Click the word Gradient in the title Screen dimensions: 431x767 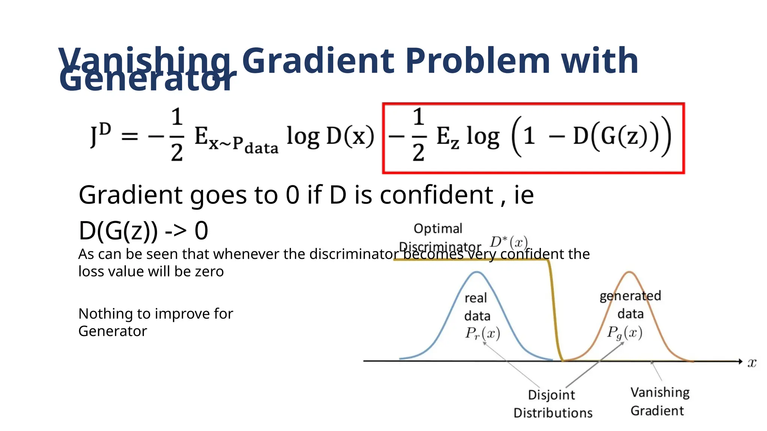(x=318, y=61)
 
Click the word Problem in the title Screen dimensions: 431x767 (x=478, y=61)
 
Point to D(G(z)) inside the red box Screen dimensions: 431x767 (x=614, y=136)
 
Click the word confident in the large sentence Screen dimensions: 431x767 (x=437, y=195)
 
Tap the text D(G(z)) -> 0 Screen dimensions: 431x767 (x=143, y=231)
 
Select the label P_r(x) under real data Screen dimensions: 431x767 (x=482, y=333)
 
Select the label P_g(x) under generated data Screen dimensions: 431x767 (x=625, y=332)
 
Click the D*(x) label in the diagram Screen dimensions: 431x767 (x=509, y=242)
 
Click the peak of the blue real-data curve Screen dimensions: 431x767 (x=476, y=272)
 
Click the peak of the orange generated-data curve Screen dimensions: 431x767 (x=630, y=272)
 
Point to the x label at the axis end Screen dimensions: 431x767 (x=752, y=363)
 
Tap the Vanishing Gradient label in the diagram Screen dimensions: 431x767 (x=660, y=401)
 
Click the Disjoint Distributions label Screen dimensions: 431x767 (x=553, y=404)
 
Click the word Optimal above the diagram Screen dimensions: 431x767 (x=438, y=229)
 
